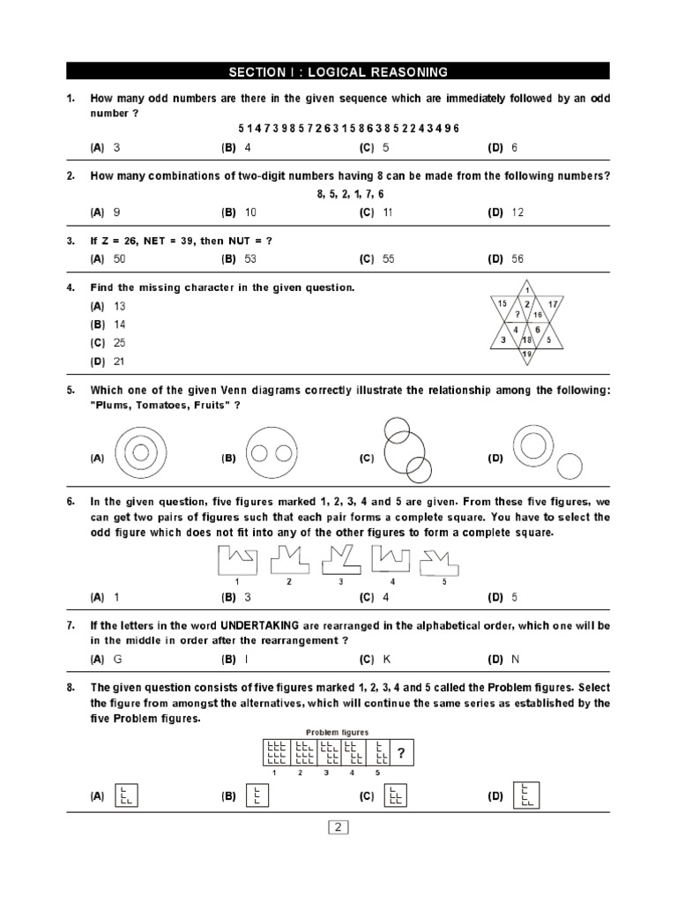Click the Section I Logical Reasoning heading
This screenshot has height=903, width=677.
coord(338,71)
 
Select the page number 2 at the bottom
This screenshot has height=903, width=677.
coord(338,827)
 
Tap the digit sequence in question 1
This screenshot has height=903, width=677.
coord(348,129)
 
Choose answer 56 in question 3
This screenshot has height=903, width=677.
coord(516,258)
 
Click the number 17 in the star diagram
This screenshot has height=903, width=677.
coord(554,304)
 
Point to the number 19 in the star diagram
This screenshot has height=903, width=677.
coord(527,354)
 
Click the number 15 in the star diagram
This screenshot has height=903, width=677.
coord(502,304)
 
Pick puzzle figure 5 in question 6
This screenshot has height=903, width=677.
coord(443,560)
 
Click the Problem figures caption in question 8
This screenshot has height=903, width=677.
coord(338,732)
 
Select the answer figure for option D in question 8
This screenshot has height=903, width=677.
coord(526,795)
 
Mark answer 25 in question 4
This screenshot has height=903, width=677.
coord(120,342)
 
